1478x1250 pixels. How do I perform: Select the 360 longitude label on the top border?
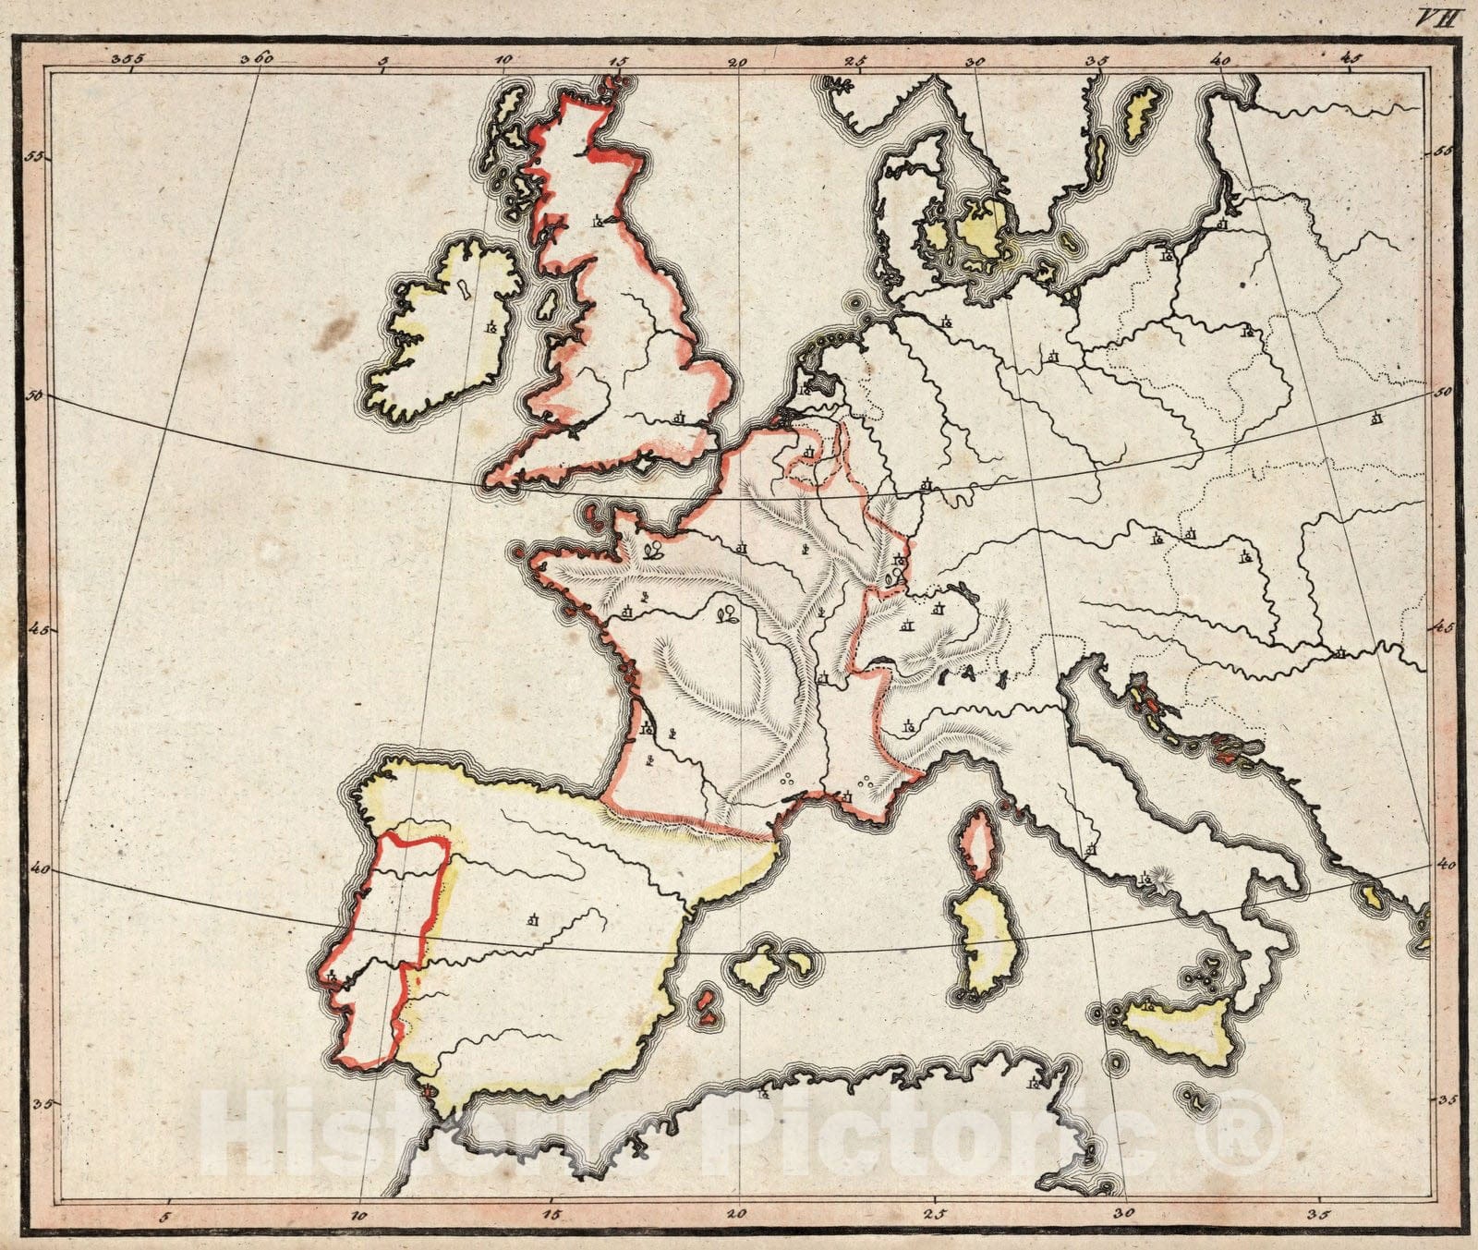tap(257, 57)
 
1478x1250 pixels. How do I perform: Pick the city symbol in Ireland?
tap(491, 327)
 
